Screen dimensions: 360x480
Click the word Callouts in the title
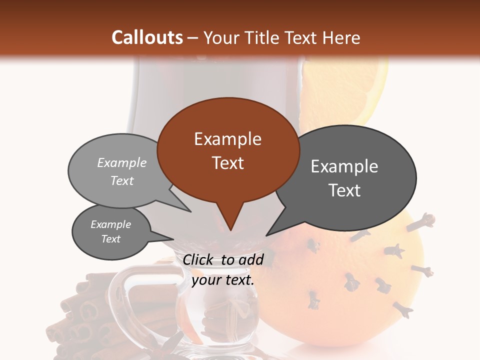[x=147, y=37]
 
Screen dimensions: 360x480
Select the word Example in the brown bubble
[x=227, y=139]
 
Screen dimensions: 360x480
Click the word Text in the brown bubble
[x=227, y=163]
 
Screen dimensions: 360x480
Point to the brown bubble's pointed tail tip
[x=230, y=230]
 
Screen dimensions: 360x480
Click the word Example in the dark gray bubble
[x=344, y=166]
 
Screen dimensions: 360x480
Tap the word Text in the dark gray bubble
[x=344, y=190]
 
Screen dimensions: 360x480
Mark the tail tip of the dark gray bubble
[x=266, y=235]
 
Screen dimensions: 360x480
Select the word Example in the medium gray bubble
[x=121, y=162]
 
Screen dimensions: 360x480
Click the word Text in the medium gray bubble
[x=121, y=180]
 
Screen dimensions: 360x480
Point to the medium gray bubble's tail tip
[x=190, y=211]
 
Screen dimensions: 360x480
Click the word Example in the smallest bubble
[x=110, y=224]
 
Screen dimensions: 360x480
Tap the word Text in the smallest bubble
[x=110, y=239]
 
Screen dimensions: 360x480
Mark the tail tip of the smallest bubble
[x=173, y=239]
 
